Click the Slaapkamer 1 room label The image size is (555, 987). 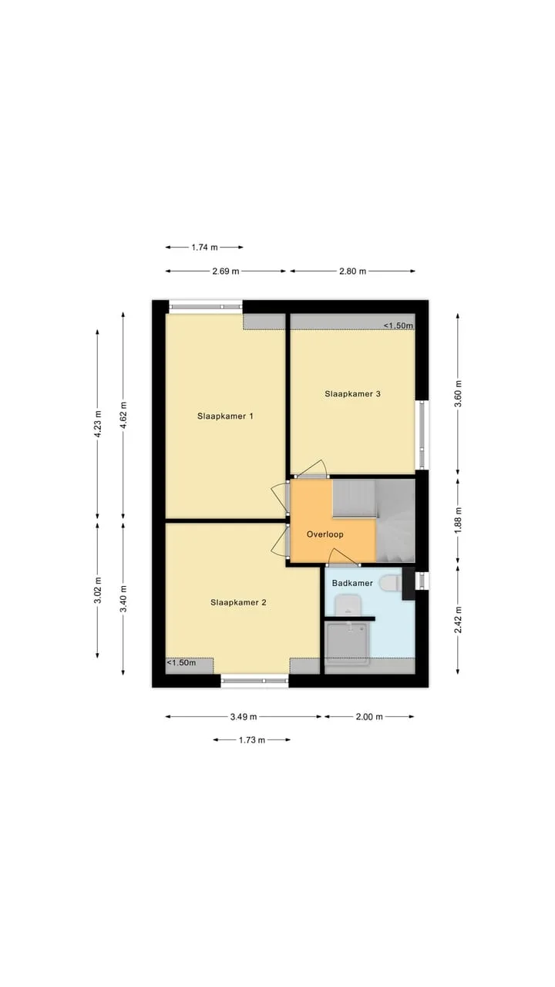225,416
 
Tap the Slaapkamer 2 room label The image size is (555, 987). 238,602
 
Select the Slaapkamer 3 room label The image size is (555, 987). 352,393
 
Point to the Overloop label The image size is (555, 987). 325,534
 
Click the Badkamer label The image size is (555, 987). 352,583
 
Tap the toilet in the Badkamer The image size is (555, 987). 391,583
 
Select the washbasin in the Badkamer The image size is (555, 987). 348,605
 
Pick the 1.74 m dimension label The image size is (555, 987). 204,248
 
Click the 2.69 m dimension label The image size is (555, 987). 226,271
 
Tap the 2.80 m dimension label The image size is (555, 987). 352,271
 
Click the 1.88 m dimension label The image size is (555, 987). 458,520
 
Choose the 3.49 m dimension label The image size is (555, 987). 243,717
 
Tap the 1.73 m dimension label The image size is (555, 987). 252,740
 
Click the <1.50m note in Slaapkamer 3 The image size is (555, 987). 399,325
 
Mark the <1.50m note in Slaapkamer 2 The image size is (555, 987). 181,662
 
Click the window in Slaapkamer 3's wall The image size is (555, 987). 422,434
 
